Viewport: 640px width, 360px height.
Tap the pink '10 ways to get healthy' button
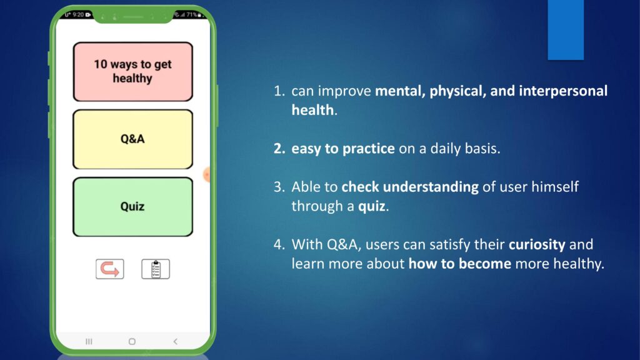click(x=132, y=71)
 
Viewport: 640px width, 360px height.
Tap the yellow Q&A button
click(x=132, y=139)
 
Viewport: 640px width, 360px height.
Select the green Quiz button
click(x=132, y=206)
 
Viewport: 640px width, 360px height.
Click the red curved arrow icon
click(x=110, y=269)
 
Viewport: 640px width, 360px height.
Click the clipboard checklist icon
click(x=156, y=269)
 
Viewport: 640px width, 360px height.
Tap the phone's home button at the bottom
click(x=132, y=341)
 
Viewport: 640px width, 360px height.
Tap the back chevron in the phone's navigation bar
click(x=176, y=341)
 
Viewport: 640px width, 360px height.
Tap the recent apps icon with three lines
click(x=89, y=341)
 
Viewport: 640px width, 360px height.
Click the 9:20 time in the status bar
click(x=78, y=15)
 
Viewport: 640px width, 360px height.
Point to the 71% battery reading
click(x=192, y=15)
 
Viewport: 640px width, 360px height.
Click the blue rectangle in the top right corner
click(x=566, y=30)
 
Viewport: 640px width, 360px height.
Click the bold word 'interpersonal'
click(x=563, y=91)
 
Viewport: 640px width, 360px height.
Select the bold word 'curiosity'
click(x=537, y=244)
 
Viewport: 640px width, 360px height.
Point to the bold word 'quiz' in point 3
click(x=371, y=206)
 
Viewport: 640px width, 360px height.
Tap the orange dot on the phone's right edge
click(x=206, y=175)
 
